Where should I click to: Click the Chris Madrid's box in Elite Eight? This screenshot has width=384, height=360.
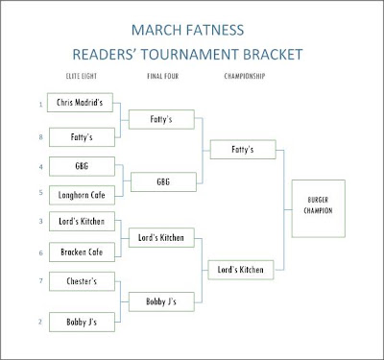(x=80, y=103)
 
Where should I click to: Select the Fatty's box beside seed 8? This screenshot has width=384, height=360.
(x=82, y=137)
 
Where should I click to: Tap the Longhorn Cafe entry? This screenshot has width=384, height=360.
(x=82, y=195)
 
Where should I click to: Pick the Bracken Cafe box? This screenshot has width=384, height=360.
(x=82, y=252)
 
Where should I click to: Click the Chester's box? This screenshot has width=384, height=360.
(x=82, y=281)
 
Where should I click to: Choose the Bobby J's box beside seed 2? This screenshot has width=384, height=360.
(x=82, y=322)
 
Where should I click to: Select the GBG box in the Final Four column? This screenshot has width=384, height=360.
(x=163, y=181)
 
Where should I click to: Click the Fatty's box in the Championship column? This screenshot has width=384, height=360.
(x=243, y=149)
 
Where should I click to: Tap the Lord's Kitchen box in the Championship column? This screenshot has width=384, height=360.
(x=241, y=270)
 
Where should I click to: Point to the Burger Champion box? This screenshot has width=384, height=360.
(x=319, y=208)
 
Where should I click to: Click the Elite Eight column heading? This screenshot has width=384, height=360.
(x=82, y=76)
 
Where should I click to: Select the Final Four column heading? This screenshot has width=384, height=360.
(x=163, y=76)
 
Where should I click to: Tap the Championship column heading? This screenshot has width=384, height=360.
(x=245, y=76)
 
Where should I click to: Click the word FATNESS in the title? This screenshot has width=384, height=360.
(x=215, y=30)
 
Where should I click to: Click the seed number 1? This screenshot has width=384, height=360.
(x=40, y=105)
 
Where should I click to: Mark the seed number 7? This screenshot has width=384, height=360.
(x=40, y=280)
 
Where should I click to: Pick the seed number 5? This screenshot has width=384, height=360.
(x=40, y=192)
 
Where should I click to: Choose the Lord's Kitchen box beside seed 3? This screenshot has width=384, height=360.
(x=82, y=221)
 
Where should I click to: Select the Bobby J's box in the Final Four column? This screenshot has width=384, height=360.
(x=161, y=301)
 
